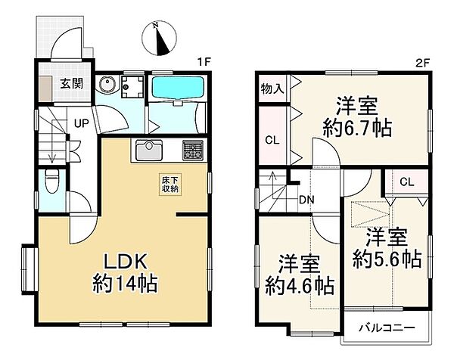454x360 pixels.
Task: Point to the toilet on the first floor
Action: pos(52,182)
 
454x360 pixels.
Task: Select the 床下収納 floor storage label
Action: pos(168,185)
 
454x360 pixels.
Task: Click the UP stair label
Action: pos(79,122)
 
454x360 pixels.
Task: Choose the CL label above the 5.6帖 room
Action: pos(406,182)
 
